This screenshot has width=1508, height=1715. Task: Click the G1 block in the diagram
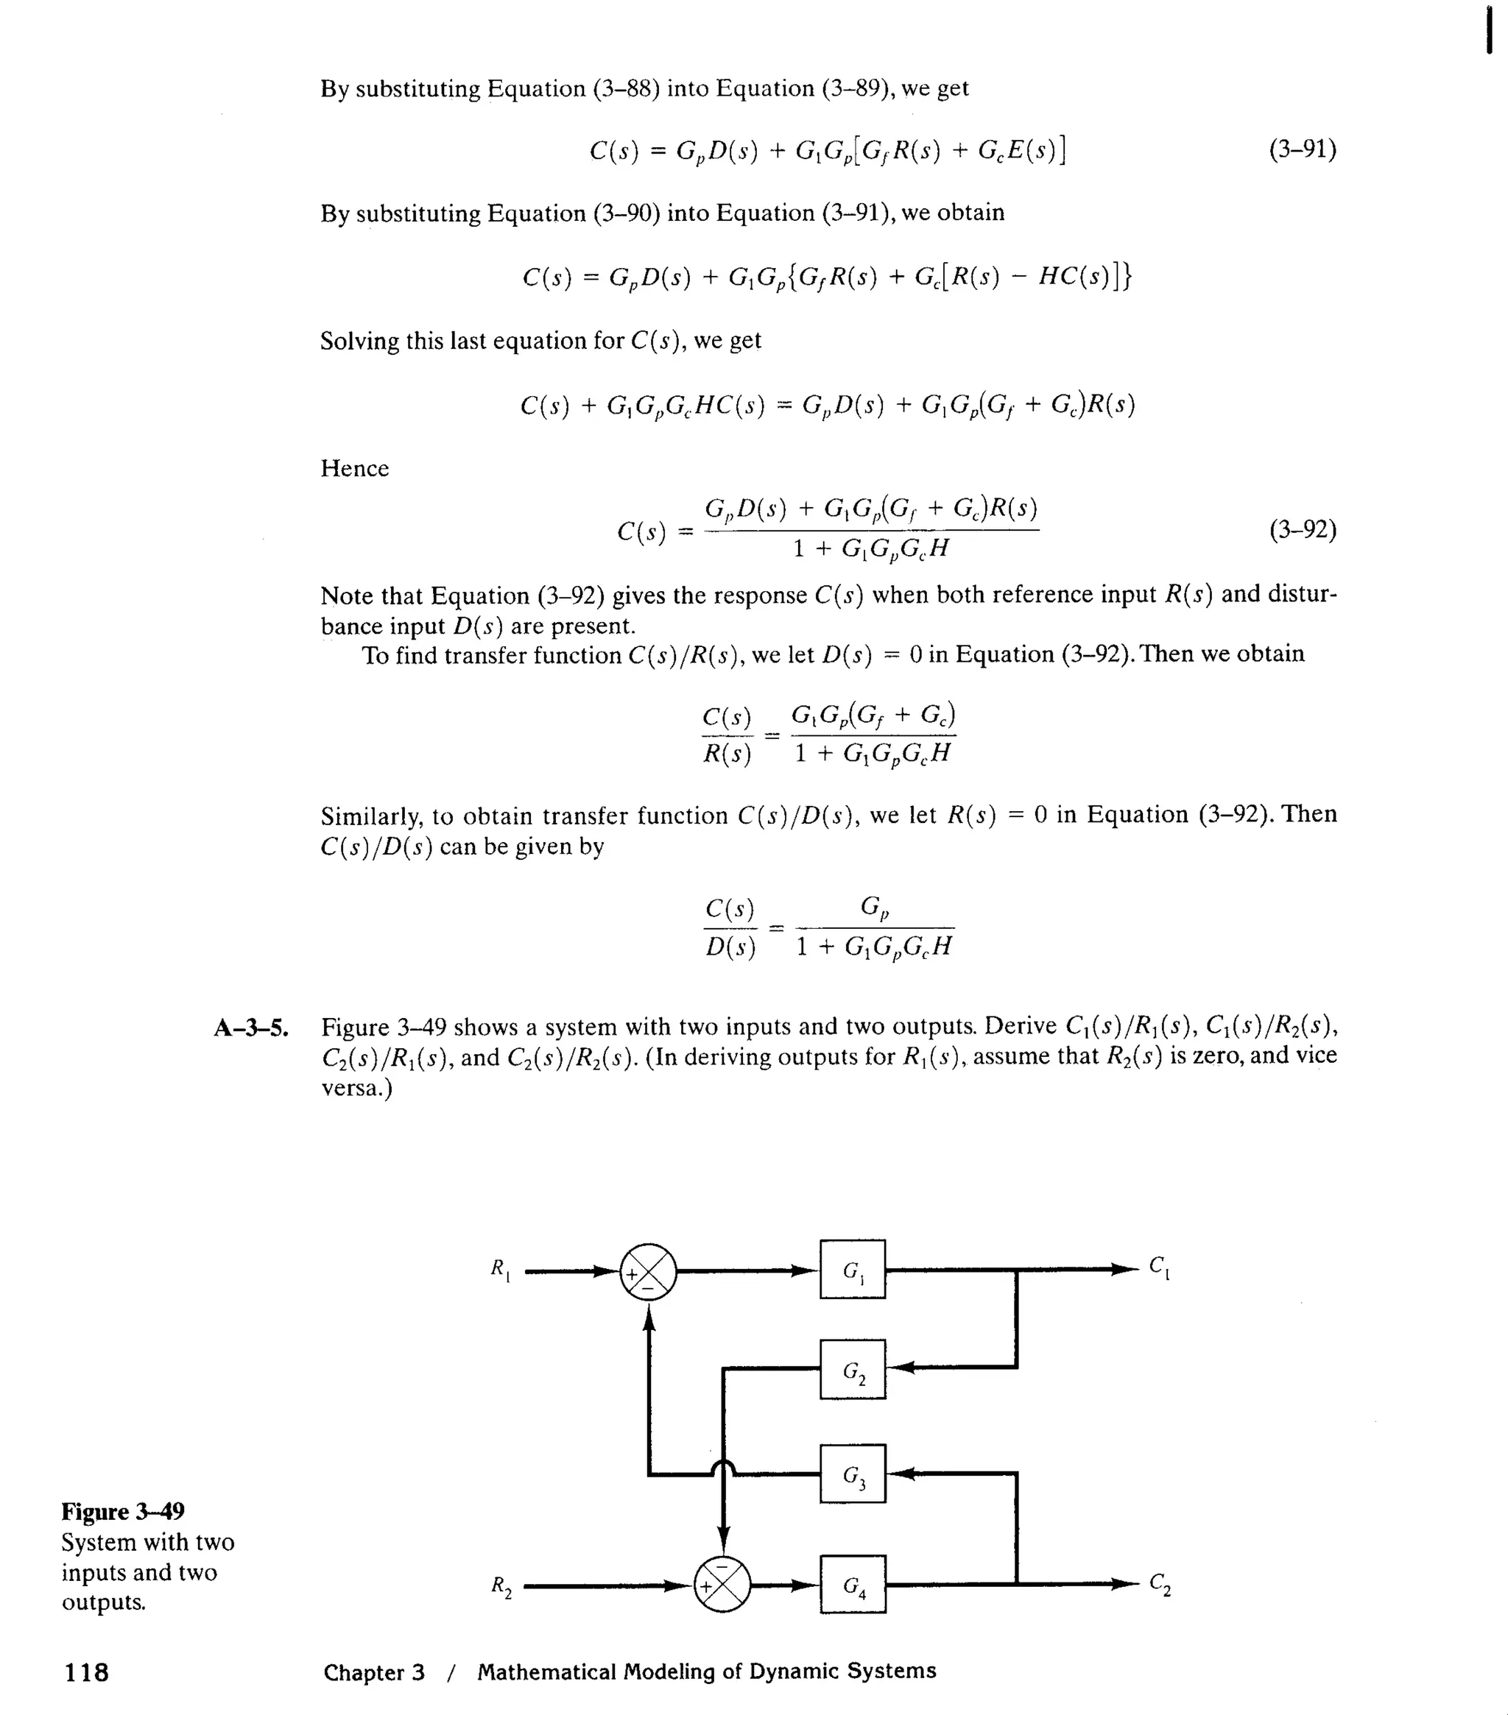pos(852,1270)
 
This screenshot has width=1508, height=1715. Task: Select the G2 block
pos(852,1369)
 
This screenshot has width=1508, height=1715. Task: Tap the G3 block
pos(852,1474)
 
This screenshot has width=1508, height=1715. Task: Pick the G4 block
pos(853,1584)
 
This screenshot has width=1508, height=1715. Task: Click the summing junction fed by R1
pos(648,1271)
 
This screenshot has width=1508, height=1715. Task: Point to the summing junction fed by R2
pos(722,1584)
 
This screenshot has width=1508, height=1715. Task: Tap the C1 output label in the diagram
pos(1160,1267)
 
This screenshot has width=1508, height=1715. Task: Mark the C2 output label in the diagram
pos(1160,1583)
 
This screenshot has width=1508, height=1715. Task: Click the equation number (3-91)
pos(1303,149)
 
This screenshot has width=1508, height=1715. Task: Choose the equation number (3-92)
pos(1303,529)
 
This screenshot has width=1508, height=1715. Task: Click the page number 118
pos(86,1672)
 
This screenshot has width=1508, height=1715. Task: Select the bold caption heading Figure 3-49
pos(122,1511)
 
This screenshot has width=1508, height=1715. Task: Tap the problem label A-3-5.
pos(251,1027)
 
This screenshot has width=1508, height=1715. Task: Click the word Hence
pos(354,468)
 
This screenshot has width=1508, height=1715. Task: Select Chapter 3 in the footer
pos(373,1672)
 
